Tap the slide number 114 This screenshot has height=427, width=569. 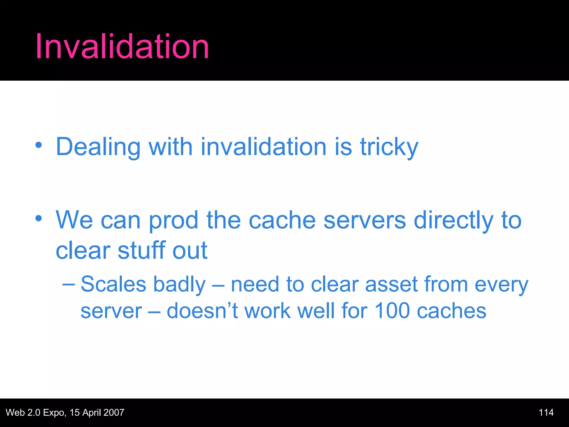tap(546, 413)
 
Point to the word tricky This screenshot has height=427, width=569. tap(389, 147)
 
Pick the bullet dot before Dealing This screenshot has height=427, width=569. tap(39, 145)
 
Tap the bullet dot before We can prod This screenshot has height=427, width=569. tap(39, 218)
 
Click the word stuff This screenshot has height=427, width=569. tap(141, 250)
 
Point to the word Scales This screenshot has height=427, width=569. tap(113, 284)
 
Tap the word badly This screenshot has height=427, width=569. tap(179, 285)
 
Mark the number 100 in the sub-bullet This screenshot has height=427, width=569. tap(392, 311)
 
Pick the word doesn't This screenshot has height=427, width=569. tap(202, 311)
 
